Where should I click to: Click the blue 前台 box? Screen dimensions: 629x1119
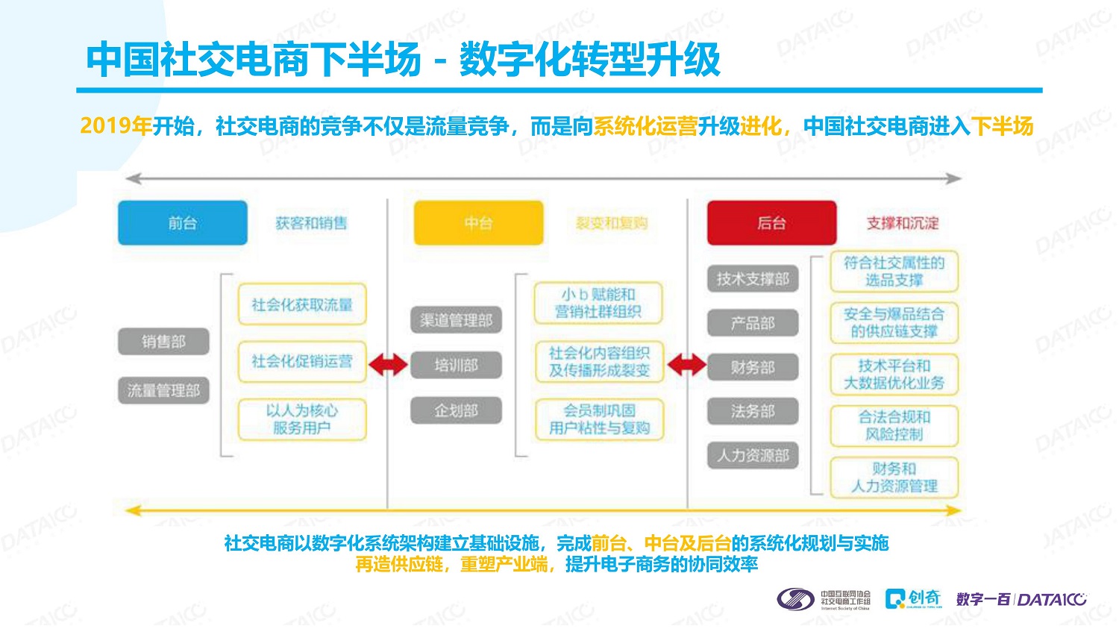(182, 222)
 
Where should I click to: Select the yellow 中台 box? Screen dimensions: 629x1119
(478, 222)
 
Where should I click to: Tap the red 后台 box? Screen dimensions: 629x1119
(771, 222)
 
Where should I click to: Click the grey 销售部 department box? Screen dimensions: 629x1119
(163, 342)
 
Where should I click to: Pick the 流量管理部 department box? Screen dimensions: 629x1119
(163, 390)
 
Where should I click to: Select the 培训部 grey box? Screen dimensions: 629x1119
(456, 366)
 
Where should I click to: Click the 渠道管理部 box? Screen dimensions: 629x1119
(456, 320)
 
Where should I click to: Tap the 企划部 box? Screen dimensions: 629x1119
(456, 410)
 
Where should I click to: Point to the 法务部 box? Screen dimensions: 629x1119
(752, 411)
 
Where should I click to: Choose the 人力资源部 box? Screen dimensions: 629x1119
(752, 455)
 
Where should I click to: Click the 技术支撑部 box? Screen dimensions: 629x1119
(752, 279)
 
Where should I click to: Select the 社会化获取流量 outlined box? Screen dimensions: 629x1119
(302, 304)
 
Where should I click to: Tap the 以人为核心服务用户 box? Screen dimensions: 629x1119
(302, 419)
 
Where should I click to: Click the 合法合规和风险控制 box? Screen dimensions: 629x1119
(894, 425)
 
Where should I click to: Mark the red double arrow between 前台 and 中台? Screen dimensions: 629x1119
(388, 364)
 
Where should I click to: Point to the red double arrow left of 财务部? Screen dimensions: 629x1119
(686, 365)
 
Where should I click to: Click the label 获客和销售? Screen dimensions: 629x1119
(311, 223)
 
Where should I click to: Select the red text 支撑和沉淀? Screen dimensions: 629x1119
(902, 223)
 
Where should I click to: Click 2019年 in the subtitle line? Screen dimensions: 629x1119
(116, 126)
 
